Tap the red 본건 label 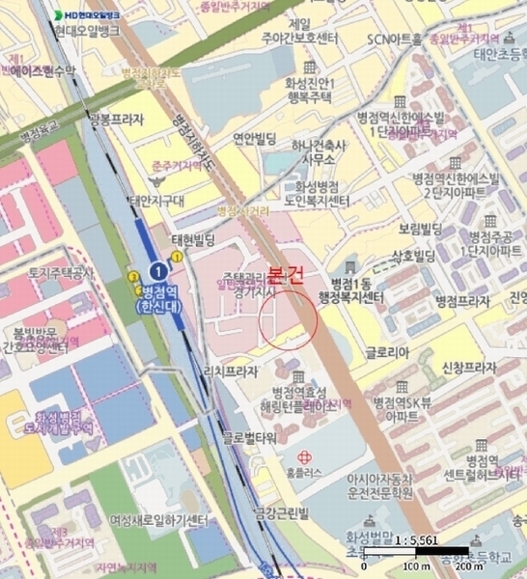coord(287,275)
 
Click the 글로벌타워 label coord(250,437)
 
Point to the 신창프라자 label coord(468,369)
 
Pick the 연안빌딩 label coord(257,138)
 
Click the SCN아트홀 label coord(396,40)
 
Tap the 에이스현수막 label coord(37,71)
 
